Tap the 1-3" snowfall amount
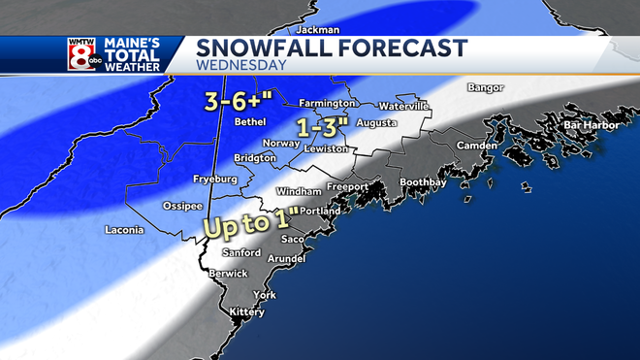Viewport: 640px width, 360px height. tap(322, 127)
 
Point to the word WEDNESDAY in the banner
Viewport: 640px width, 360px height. tap(242, 66)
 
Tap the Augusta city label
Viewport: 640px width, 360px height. tap(377, 124)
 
